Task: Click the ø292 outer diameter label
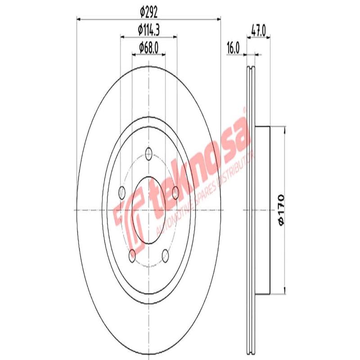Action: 149,12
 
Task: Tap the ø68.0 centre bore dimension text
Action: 149,46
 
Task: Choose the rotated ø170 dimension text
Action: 280,210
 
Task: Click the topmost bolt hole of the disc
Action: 149,153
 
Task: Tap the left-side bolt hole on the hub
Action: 121,193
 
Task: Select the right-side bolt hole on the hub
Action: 176,193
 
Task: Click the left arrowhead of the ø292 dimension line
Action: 79,19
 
